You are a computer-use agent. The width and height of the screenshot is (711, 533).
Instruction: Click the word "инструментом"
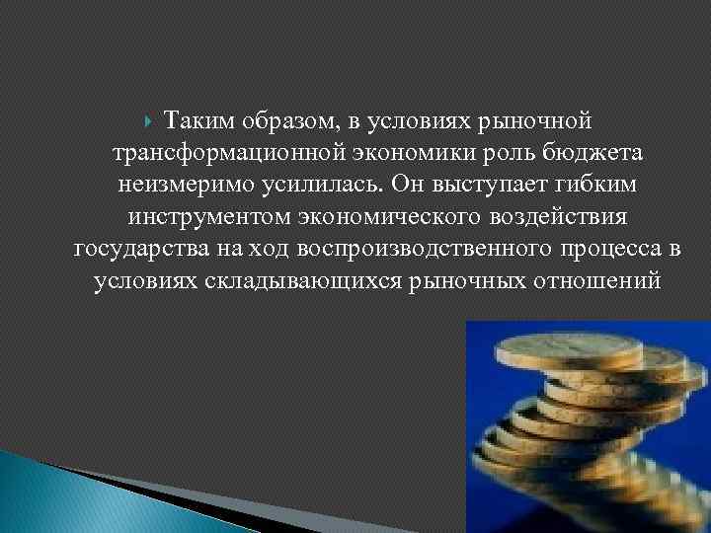tap(196, 216)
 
